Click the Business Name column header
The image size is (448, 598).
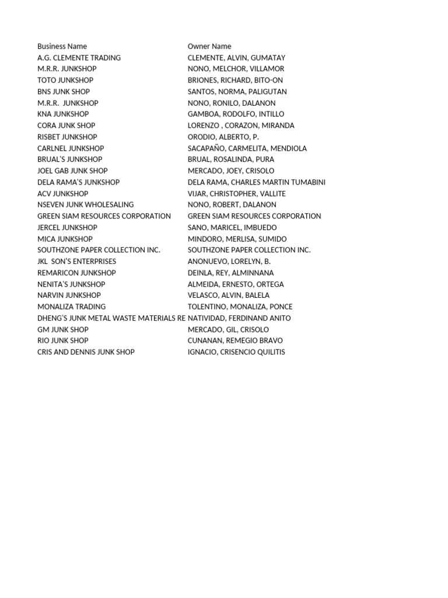62,46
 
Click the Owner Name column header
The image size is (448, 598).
209,46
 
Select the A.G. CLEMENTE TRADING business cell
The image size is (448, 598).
79,58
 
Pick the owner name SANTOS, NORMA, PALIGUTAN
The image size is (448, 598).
237,92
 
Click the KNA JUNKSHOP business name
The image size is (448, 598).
63,114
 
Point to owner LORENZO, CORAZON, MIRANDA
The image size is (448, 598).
241,126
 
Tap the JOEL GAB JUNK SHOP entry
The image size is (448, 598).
72,171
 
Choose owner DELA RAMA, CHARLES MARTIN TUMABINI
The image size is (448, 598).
257,182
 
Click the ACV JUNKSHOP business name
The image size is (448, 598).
63,193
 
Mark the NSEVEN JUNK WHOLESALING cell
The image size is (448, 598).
85,204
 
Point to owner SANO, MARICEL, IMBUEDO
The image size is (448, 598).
232,227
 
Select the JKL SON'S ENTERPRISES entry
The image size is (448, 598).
76,261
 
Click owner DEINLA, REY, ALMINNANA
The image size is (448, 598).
230,273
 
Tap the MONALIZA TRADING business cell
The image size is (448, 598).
71,307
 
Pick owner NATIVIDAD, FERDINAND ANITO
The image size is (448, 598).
239,318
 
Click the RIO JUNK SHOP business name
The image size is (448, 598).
63,340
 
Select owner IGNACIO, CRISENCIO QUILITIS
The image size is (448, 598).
236,352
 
